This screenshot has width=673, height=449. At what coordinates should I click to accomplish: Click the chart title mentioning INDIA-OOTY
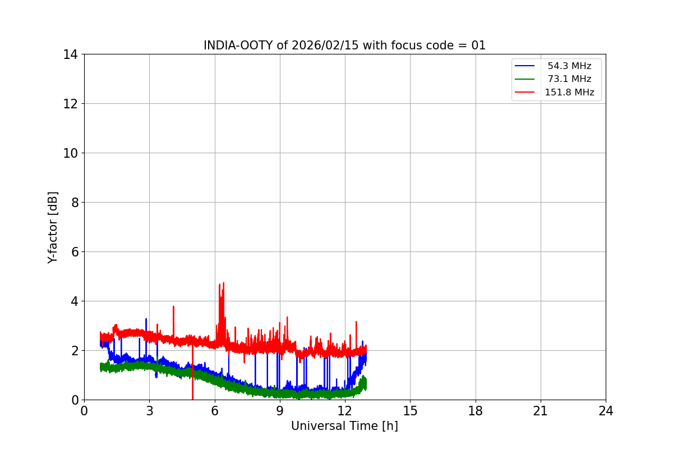coord(344,45)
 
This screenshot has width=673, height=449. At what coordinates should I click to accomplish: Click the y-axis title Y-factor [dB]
coord(53,227)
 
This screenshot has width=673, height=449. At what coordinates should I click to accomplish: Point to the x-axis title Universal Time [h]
coord(344,426)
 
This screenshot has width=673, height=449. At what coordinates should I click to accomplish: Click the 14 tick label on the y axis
coord(70,54)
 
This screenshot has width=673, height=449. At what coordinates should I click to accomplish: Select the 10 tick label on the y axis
coord(70,153)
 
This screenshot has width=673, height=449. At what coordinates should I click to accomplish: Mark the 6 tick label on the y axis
coord(73,252)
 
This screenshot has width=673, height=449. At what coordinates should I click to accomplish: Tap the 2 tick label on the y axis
coord(73,351)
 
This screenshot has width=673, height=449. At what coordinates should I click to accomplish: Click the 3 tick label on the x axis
coord(149,411)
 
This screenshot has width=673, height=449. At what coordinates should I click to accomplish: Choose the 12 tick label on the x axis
coord(345,411)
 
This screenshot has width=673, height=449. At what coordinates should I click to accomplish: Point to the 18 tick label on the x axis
coord(476,411)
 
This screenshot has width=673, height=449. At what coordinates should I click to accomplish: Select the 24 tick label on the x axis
coord(606,411)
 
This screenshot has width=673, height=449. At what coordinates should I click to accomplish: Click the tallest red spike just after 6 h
coord(223,283)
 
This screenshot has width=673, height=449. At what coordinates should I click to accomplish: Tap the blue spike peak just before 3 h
coord(146,319)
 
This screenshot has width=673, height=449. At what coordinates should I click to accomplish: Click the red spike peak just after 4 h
coord(173,307)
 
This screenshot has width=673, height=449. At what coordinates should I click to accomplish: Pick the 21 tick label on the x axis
coord(541,411)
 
